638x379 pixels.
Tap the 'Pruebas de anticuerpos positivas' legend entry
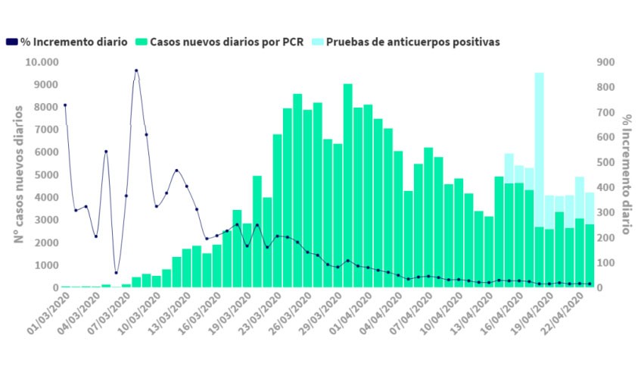412,42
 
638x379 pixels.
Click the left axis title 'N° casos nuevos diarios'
19,174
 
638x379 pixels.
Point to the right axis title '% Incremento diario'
627,174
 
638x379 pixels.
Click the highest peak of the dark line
136,70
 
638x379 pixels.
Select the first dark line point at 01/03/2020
65,105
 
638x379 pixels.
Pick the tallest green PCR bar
348,186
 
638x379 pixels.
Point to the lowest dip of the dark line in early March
116,272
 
